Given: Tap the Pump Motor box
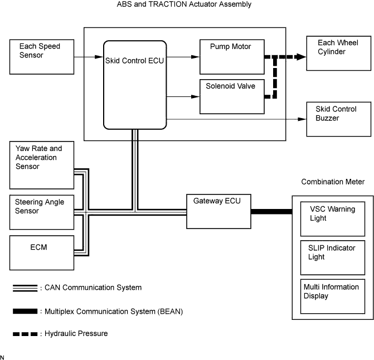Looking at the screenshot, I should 231,57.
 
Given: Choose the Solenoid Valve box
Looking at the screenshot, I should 231,96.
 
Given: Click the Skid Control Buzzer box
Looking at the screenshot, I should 339,119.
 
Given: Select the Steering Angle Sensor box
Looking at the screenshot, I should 42,212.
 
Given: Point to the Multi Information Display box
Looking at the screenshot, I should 332,296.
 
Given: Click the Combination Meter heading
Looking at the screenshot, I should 333,182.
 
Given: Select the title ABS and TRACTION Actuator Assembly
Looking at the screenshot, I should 184,4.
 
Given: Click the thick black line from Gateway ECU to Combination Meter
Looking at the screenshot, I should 271,211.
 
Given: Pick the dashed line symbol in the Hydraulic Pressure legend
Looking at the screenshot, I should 25,334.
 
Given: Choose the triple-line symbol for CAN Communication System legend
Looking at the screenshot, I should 25,288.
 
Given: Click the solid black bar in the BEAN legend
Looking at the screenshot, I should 25,311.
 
